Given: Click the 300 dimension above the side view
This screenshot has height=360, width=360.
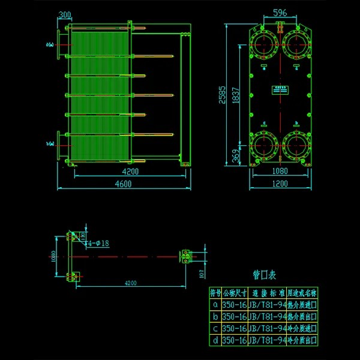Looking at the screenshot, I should coord(65,14).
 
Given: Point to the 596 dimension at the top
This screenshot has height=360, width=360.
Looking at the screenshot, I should coord(280,13).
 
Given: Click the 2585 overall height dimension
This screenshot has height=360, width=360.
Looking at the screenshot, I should coord(223,95).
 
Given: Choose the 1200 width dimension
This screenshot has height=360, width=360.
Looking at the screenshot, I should coord(280,184).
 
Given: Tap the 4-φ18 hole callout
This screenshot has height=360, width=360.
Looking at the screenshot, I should coord(97,244).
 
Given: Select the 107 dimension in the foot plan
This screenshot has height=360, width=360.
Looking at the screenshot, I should coord(201,274).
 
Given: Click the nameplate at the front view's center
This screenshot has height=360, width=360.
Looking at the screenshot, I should coord(280,89).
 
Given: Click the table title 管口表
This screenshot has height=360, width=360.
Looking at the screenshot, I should coord(264,275).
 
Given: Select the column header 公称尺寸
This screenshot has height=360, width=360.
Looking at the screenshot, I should coord(234,293).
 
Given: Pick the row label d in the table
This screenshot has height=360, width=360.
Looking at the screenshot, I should coord(215,340).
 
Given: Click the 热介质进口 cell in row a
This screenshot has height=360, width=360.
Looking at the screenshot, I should coord(302,305).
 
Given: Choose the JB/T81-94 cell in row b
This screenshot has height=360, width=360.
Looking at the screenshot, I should coord(266,316).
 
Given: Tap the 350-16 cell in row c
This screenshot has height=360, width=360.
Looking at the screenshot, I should coord(234,328).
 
